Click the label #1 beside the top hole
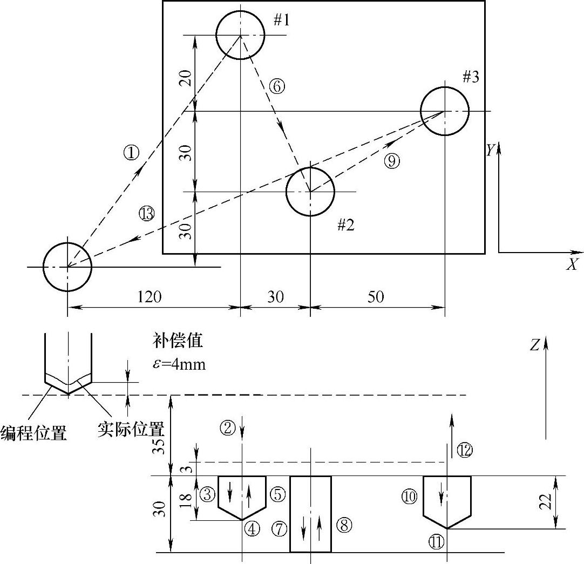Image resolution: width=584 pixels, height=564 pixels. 281,21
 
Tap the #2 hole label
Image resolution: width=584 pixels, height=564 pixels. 345,225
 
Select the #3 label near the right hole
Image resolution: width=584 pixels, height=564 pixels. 471,77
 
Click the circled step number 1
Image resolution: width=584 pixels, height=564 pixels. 131,153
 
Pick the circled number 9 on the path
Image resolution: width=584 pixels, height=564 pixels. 392,160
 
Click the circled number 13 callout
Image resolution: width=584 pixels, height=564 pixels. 146,214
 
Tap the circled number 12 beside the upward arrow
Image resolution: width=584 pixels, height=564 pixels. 465,450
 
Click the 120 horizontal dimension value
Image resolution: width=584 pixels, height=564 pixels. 150,297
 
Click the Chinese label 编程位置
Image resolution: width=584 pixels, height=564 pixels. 34,432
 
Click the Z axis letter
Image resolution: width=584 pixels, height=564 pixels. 534,345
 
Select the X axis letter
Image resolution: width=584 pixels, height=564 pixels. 572,264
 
